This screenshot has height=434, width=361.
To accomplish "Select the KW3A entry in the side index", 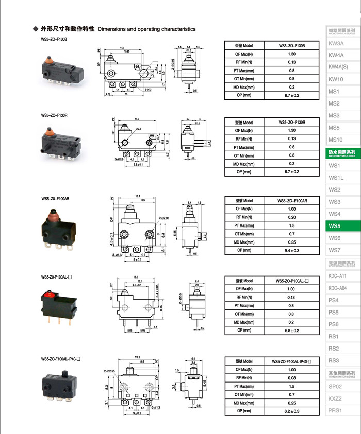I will (336, 43).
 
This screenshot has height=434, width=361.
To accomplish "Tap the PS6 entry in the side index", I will (334, 324).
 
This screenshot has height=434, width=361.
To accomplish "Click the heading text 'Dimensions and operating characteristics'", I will (146, 29).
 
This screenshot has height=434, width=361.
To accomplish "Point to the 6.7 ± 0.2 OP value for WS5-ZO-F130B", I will (291, 95).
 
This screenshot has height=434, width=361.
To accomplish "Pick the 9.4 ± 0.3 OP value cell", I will (291, 250).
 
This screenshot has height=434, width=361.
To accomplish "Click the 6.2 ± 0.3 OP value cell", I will (291, 410).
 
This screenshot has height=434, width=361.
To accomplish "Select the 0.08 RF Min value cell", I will (291, 377).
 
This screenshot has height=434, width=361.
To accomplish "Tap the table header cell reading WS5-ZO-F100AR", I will (292, 200).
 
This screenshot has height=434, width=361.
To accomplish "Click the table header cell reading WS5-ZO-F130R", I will (291, 123).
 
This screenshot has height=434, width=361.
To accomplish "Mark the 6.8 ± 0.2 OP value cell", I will (291, 330).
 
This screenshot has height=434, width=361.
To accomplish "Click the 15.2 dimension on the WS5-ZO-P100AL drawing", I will (136, 277).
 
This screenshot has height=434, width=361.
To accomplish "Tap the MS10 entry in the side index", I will (335, 140).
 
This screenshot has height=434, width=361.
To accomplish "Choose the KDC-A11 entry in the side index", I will (337, 276).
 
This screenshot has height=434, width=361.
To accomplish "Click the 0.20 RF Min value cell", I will (291, 217).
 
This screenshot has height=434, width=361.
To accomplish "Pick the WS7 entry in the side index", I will (334, 250).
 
